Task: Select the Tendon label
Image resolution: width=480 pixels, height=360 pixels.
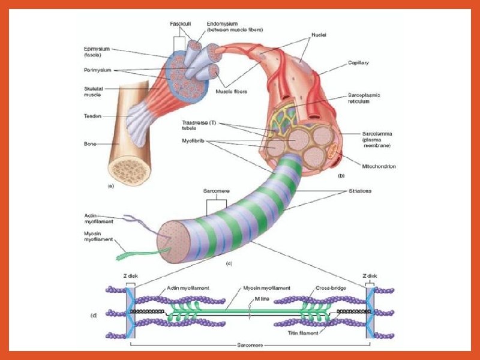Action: click(92, 116)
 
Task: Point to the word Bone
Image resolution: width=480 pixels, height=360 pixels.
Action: click(90, 144)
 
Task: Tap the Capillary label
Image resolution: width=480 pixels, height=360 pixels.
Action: click(358, 63)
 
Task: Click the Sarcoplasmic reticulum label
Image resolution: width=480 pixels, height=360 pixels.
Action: click(364, 98)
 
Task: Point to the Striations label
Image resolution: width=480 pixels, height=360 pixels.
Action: click(361, 191)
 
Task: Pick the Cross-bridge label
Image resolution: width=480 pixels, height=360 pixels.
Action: click(329, 288)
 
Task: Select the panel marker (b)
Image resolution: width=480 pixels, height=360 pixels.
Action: click(341, 176)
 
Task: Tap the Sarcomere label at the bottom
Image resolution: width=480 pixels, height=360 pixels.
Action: click(249, 347)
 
